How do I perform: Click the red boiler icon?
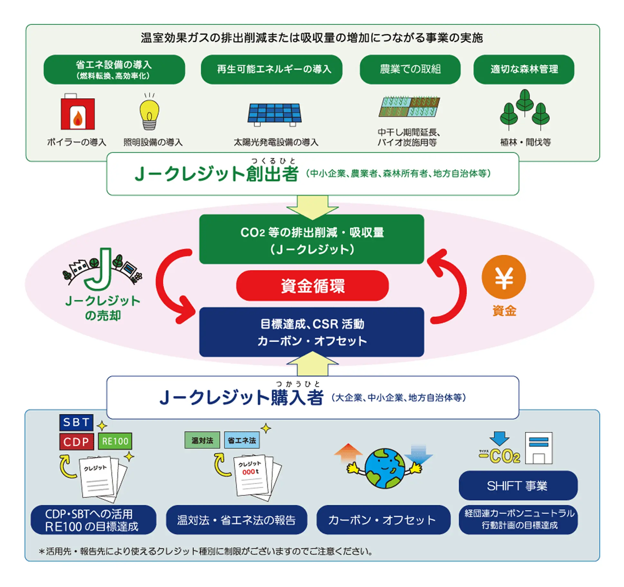click(78, 113)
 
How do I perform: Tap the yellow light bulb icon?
click(149, 113)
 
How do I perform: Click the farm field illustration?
click(409, 107)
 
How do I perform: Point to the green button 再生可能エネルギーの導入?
click(271, 69)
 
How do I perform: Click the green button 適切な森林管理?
click(524, 69)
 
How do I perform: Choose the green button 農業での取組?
click(410, 69)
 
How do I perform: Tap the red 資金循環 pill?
click(312, 286)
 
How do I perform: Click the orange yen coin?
click(503, 277)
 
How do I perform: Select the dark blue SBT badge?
click(76, 422)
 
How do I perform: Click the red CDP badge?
click(76, 442)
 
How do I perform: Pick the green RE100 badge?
click(115, 441)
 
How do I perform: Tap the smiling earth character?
click(385, 468)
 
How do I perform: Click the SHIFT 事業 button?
click(518, 486)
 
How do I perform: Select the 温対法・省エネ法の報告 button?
click(236, 520)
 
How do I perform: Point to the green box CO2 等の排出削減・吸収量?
click(311, 240)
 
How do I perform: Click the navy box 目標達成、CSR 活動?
click(311, 332)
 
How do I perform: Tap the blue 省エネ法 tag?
click(242, 440)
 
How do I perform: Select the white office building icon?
click(538, 448)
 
